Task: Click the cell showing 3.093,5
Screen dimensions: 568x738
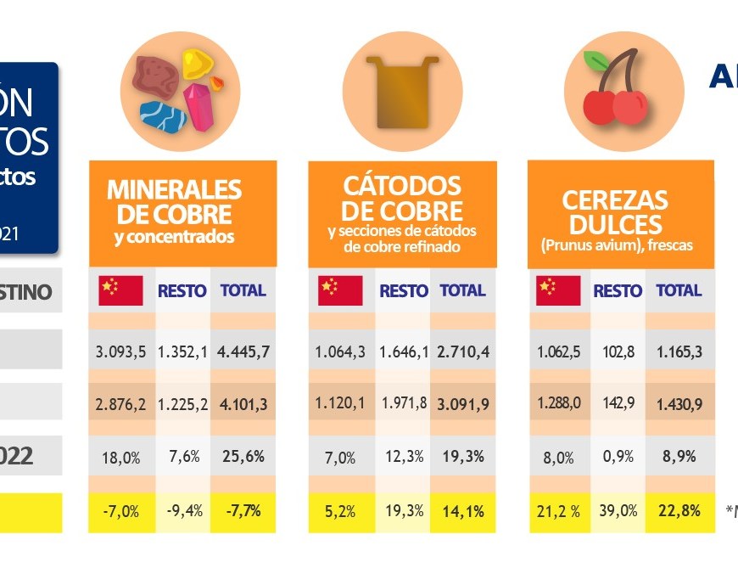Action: click(121, 351)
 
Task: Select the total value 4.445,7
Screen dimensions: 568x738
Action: click(243, 351)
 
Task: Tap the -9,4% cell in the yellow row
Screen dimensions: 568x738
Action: click(182, 511)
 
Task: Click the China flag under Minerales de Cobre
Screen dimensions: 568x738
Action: click(121, 290)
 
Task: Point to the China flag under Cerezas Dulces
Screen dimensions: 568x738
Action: click(559, 290)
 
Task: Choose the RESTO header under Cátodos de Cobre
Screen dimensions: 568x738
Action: click(404, 290)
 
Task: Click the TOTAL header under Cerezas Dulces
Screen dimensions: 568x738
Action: click(679, 290)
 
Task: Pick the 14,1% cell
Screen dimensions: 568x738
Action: click(463, 511)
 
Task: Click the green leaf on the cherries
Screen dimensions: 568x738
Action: click(598, 62)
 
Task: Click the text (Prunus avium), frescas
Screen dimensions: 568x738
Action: click(617, 245)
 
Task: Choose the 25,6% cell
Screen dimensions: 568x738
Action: click(243, 457)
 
